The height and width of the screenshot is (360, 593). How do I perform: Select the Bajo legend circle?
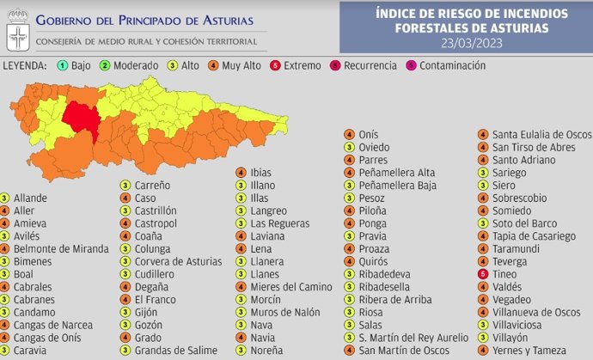[x=63, y=65]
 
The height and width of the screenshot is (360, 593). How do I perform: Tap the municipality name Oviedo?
[x=374, y=148]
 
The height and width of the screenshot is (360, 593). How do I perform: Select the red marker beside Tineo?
[x=484, y=274]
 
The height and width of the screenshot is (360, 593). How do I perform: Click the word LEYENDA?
[x=25, y=65]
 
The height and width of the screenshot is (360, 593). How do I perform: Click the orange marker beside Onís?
[x=349, y=135]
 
